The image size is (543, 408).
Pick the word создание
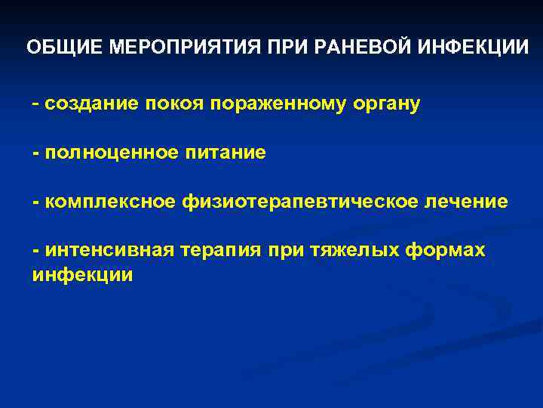(x=88, y=104)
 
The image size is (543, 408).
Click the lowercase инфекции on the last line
(x=82, y=274)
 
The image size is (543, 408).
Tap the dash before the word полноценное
(x=35, y=153)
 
